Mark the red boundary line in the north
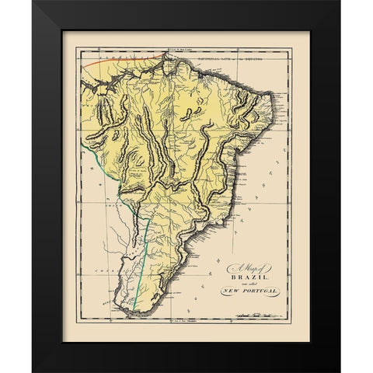(117, 58)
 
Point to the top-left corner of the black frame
(33, 1)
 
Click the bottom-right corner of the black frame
(340, 372)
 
